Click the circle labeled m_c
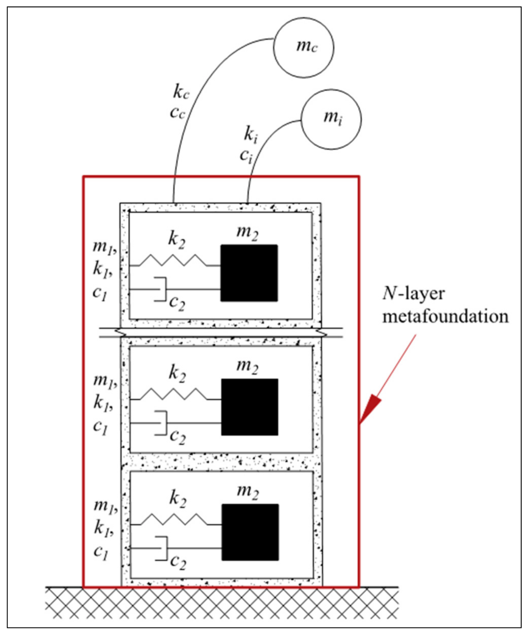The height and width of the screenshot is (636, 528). pyautogui.click(x=304, y=48)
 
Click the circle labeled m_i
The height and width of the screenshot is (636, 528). pyautogui.click(x=331, y=119)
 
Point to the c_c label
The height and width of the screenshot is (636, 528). pyautogui.click(x=177, y=112)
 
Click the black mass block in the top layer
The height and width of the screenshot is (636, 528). pyautogui.click(x=249, y=273)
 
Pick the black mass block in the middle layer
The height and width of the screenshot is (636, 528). pyautogui.click(x=250, y=407)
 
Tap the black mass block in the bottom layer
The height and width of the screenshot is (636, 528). pyautogui.click(x=250, y=532)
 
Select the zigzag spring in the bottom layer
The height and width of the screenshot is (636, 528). pyautogui.click(x=175, y=519)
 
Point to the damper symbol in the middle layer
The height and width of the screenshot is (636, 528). pyautogui.click(x=161, y=423)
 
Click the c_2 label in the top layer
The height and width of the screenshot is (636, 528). pyautogui.click(x=177, y=302)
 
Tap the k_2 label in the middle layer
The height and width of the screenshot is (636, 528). pyautogui.click(x=177, y=372)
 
